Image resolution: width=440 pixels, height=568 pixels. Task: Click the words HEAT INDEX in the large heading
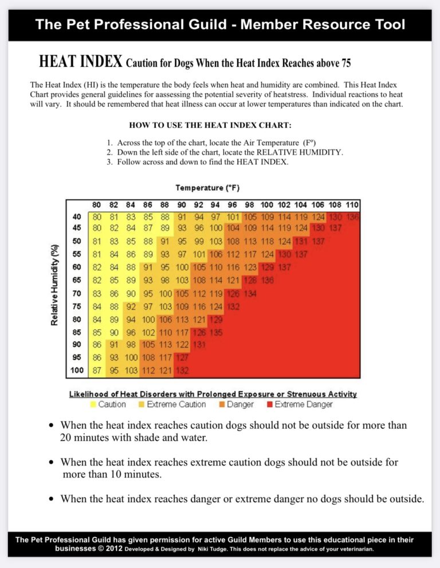tap(80, 61)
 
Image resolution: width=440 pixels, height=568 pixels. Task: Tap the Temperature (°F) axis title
tap(207, 187)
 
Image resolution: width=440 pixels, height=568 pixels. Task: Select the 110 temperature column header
tap(352, 204)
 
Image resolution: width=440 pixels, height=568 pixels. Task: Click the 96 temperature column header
tap(233, 204)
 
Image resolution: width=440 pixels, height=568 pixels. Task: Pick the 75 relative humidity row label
tap(77, 305)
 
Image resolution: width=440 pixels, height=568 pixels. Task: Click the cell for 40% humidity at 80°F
tap(97, 217)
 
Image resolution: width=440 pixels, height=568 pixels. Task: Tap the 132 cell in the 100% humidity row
tap(182, 370)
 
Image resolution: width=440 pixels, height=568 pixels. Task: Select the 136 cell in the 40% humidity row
tap(352, 217)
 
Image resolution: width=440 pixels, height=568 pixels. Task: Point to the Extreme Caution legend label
tap(176, 405)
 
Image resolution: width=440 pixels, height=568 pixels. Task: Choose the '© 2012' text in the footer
tap(108, 548)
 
